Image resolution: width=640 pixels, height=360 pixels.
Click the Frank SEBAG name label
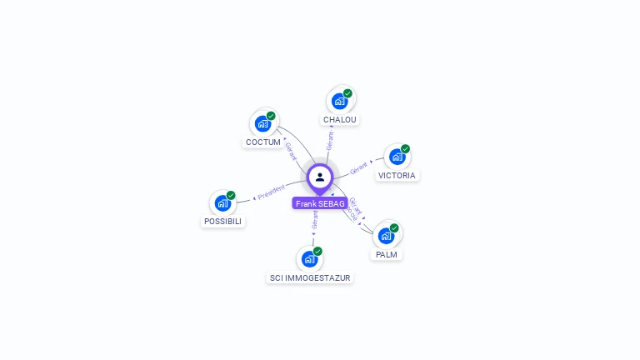[320, 203]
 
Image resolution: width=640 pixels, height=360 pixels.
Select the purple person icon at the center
[320, 177]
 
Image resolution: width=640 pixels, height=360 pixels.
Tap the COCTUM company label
[263, 142]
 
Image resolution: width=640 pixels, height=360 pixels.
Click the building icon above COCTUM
[263, 124]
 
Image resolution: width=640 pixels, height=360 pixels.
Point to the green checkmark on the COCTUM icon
[271, 116]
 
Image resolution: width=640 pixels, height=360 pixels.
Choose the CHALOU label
[340, 120]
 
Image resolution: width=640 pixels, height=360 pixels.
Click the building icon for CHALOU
[339, 102]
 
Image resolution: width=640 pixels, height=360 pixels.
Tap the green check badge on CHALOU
[347, 93]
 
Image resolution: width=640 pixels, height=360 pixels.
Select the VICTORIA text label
[397, 176]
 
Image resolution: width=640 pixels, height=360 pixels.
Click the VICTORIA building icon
[397, 157]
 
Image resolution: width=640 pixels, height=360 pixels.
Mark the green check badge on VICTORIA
[405, 149]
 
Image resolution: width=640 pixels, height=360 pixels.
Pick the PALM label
[387, 254]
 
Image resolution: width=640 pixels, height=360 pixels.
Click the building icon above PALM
[386, 236]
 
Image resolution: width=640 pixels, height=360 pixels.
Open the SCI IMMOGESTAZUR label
[310, 277]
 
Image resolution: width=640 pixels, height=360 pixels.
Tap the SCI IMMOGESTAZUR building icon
[309, 259]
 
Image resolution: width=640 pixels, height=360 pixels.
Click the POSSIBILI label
[222, 222]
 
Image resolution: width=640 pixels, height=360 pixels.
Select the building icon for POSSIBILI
[222, 203]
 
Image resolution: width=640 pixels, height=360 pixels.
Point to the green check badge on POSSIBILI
[231, 195]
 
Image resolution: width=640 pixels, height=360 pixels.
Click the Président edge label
[272, 192]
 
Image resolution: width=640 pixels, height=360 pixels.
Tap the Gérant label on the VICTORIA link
[358, 167]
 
